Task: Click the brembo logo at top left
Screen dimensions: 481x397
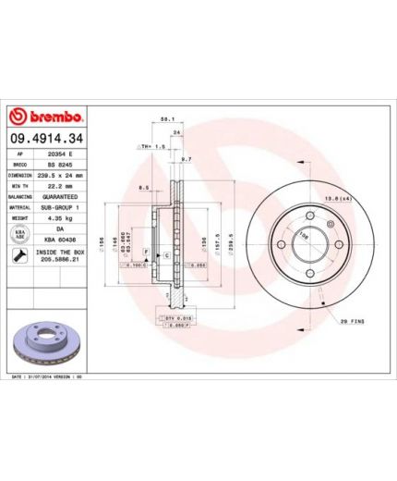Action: click(45, 117)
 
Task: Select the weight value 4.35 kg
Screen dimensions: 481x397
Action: click(60, 217)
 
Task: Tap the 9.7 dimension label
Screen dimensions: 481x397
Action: click(186, 159)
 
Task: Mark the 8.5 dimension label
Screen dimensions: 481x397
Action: click(142, 188)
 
